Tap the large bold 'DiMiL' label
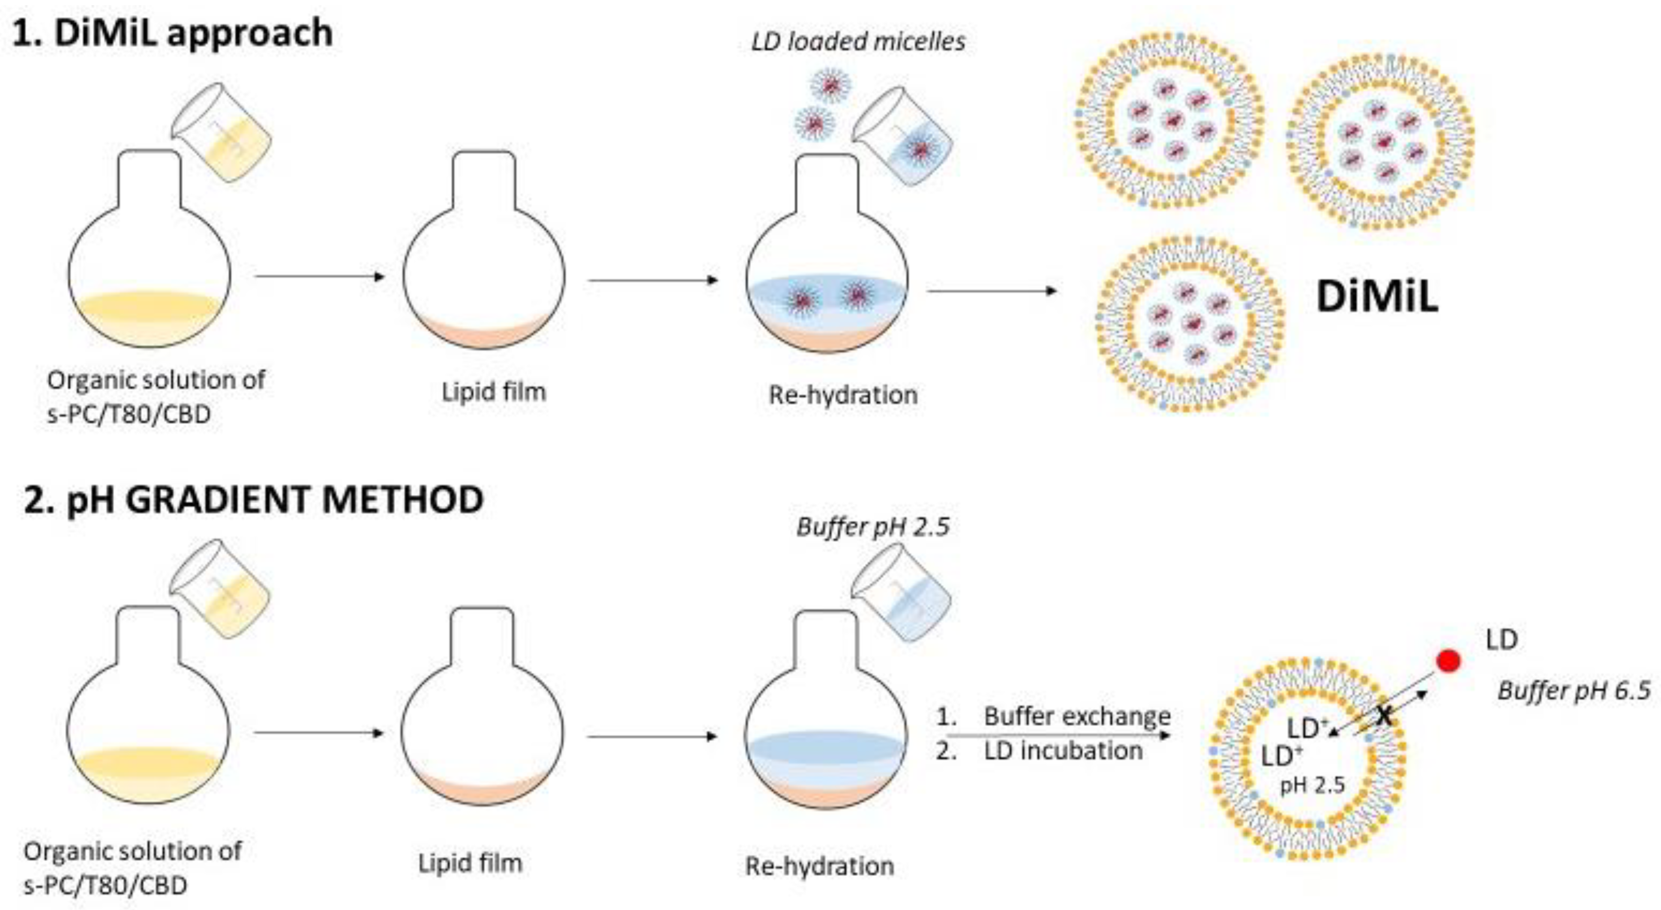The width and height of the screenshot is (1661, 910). (x=1376, y=298)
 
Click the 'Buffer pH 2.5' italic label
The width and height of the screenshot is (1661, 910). (x=873, y=527)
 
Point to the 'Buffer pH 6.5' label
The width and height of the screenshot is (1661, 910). (x=1573, y=691)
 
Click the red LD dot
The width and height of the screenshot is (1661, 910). (x=1448, y=661)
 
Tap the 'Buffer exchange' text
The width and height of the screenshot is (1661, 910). (x=1077, y=716)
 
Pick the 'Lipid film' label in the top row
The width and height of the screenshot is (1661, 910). (x=493, y=392)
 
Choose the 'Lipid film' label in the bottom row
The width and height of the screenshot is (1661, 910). (x=470, y=863)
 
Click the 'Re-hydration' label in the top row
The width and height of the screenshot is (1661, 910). (x=843, y=394)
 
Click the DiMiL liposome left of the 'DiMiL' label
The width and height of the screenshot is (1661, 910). (x=1190, y=323)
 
